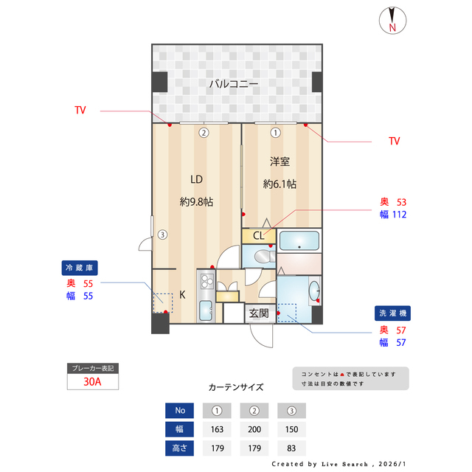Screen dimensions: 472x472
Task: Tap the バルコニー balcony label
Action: (x=233, y=84)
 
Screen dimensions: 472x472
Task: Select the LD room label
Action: (x=196, y=179)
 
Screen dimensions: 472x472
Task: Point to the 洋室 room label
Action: (x=280, y=162)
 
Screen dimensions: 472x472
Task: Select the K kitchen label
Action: (x=182, y=294)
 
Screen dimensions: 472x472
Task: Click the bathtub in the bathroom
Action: (x=299, y=240)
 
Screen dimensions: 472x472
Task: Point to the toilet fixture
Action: (x=261, y=257)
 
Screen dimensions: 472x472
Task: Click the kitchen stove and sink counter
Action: (x=205, y=295)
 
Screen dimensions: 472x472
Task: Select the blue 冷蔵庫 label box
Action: (x=80, y=268)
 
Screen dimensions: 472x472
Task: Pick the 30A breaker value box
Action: (x=93, y=383)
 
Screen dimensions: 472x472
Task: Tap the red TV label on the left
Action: (x=80, y=111)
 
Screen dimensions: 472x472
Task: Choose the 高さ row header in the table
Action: (x=180, y=448)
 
